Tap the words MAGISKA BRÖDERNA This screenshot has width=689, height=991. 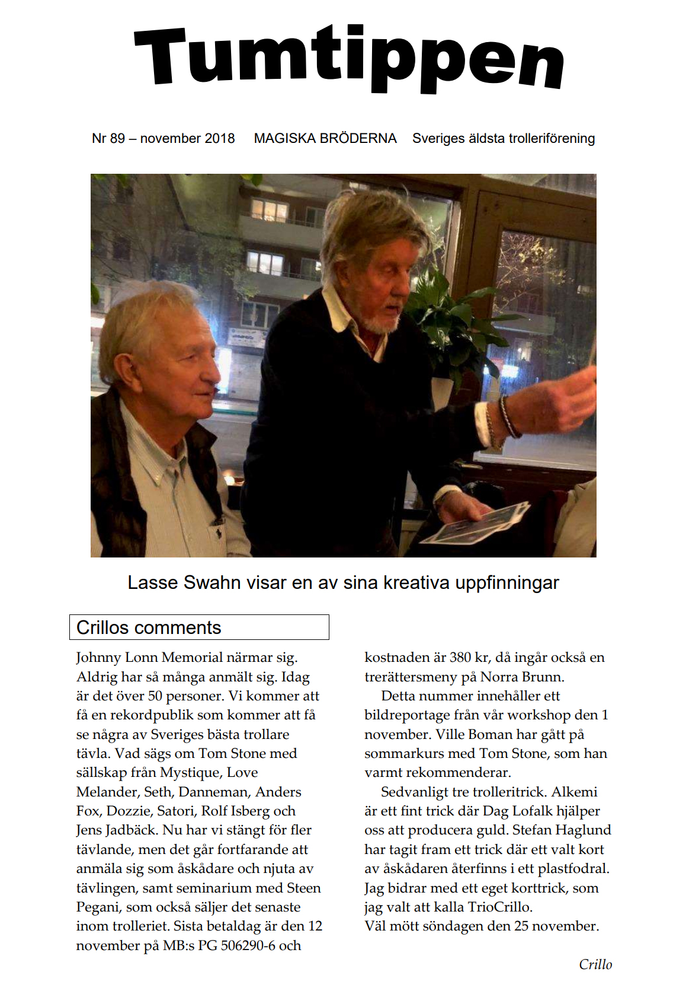[x=325, y=139]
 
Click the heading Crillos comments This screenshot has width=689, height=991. [x=149, y=627]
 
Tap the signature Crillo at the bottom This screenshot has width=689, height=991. [x=595, y=964]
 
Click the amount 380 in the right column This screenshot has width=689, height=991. [x=460, y=658]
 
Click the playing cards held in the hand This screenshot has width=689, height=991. [x=476, y=525]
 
